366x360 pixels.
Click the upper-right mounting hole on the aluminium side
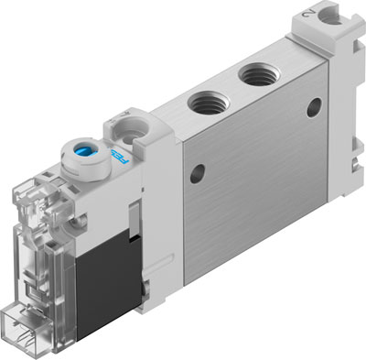315,107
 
